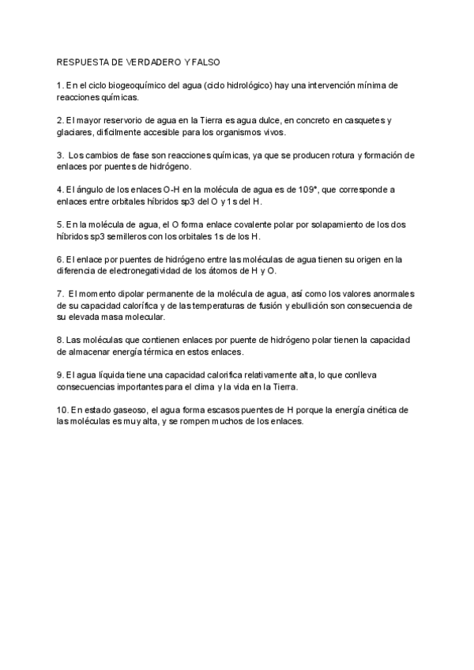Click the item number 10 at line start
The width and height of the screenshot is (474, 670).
tap(62, 409)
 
